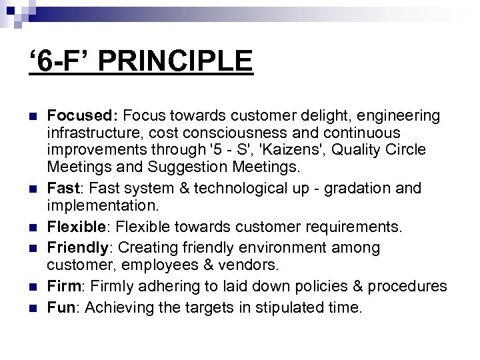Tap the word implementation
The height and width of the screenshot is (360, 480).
[101, 207]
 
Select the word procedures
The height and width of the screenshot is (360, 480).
[407, 286]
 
